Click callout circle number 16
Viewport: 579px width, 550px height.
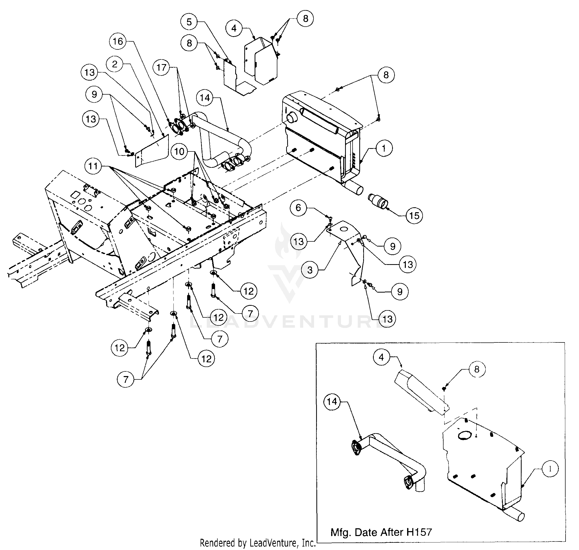point(118,41)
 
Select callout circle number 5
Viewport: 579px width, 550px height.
point(189,22)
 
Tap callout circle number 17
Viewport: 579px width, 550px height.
point(162,68)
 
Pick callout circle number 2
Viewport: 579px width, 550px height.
point(115,64)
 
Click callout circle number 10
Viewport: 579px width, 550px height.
point(179,151)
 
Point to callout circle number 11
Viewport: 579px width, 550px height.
point(93,166)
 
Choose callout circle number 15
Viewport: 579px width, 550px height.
point(414,216)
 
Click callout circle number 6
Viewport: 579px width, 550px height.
point(298,208)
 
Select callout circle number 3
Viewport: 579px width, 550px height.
point(310,270)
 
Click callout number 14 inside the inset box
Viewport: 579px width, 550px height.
point(332,401)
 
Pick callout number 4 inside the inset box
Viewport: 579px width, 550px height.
point(381,357)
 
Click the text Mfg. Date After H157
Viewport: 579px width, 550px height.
point(381,532)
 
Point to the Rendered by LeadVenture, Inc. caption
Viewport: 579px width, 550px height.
point(257,543)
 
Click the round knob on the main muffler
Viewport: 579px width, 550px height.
point(291,118)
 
